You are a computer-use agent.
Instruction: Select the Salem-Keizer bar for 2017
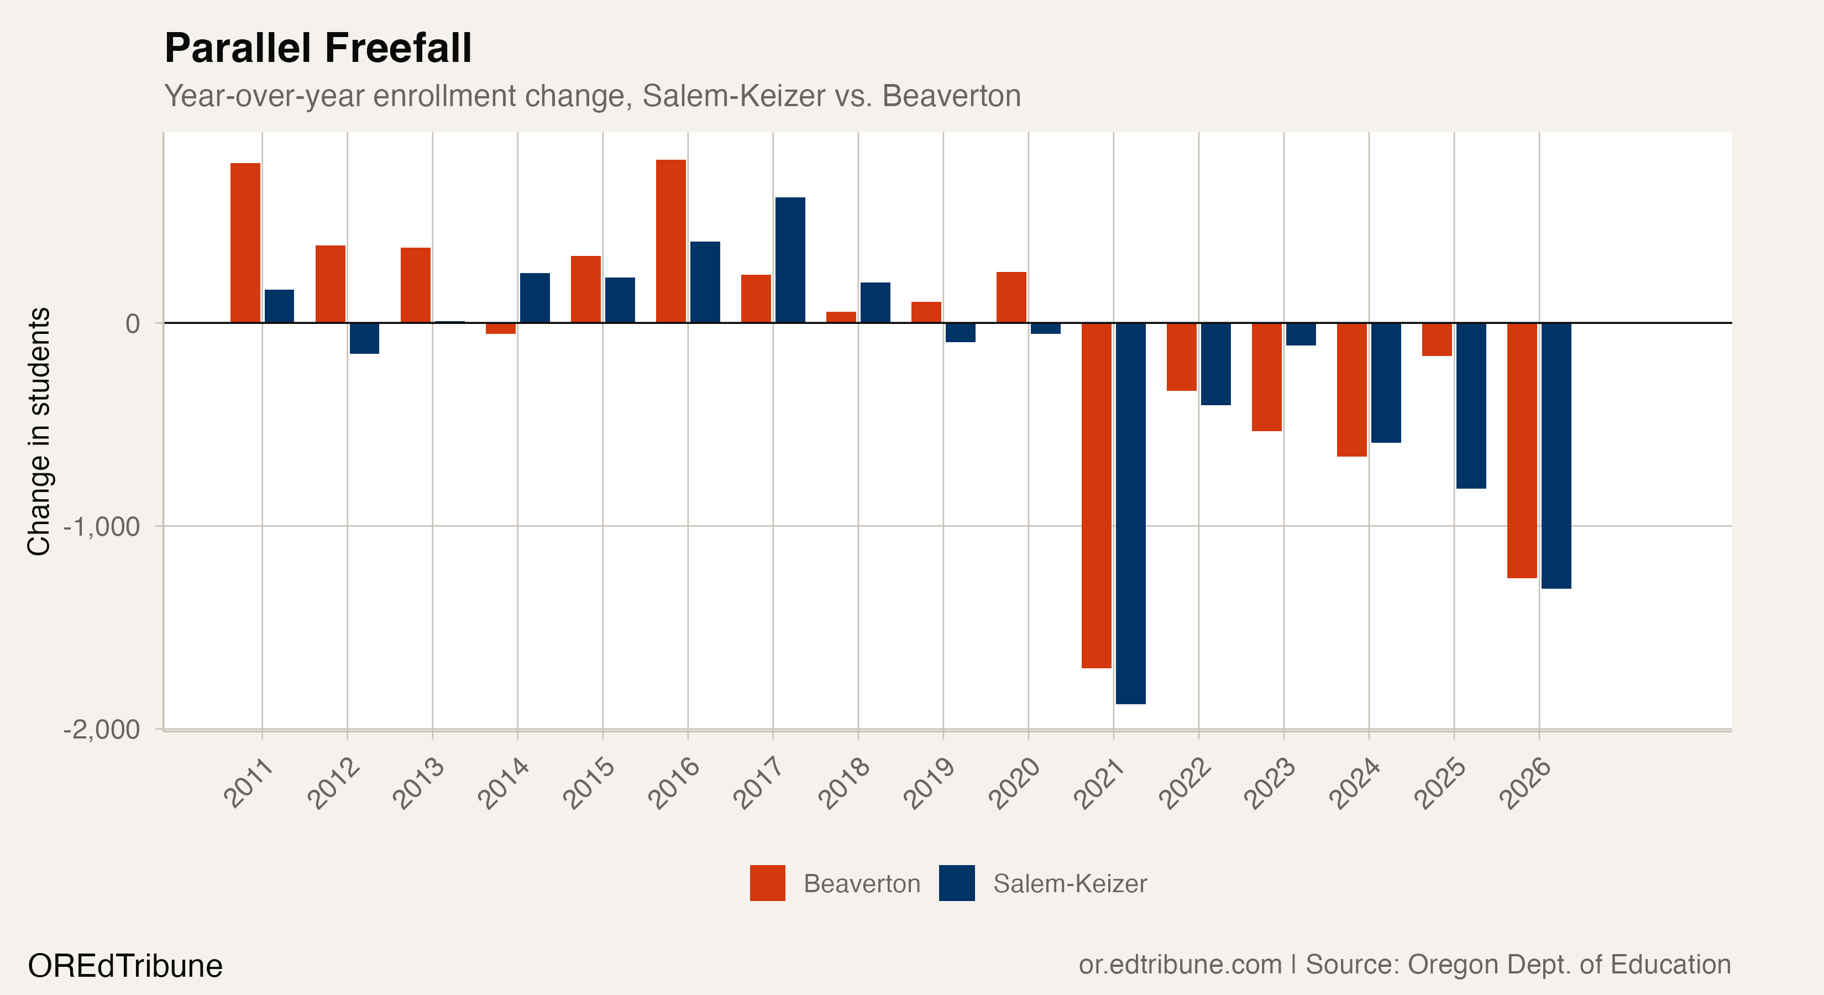(x=790, y=260)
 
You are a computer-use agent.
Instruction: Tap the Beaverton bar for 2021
(x=1096, y=495)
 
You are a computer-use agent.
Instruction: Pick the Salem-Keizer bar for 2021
(x=1131, y=514)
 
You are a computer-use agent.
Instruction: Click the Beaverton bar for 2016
(x=670, y=242)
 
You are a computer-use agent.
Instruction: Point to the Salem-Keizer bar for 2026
(x=1556, y=455)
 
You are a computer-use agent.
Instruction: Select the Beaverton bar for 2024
(x=1352, y=390)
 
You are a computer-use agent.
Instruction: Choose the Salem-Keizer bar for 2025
(x=1471, y=406)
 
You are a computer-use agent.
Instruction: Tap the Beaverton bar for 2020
(x=1011, y=297)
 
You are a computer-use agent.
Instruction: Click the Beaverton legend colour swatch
(x=768, y=883)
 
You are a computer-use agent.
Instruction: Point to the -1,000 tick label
(x=101, y=527)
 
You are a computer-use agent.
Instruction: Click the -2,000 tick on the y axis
(x=101, y=730)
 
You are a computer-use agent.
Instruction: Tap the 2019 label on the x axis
(x=929, y=783)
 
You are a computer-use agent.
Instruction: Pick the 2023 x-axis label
(x=1270, y=783)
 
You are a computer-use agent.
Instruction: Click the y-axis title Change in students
(x=39, y=431)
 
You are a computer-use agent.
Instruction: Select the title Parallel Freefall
(x=318, y=48)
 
